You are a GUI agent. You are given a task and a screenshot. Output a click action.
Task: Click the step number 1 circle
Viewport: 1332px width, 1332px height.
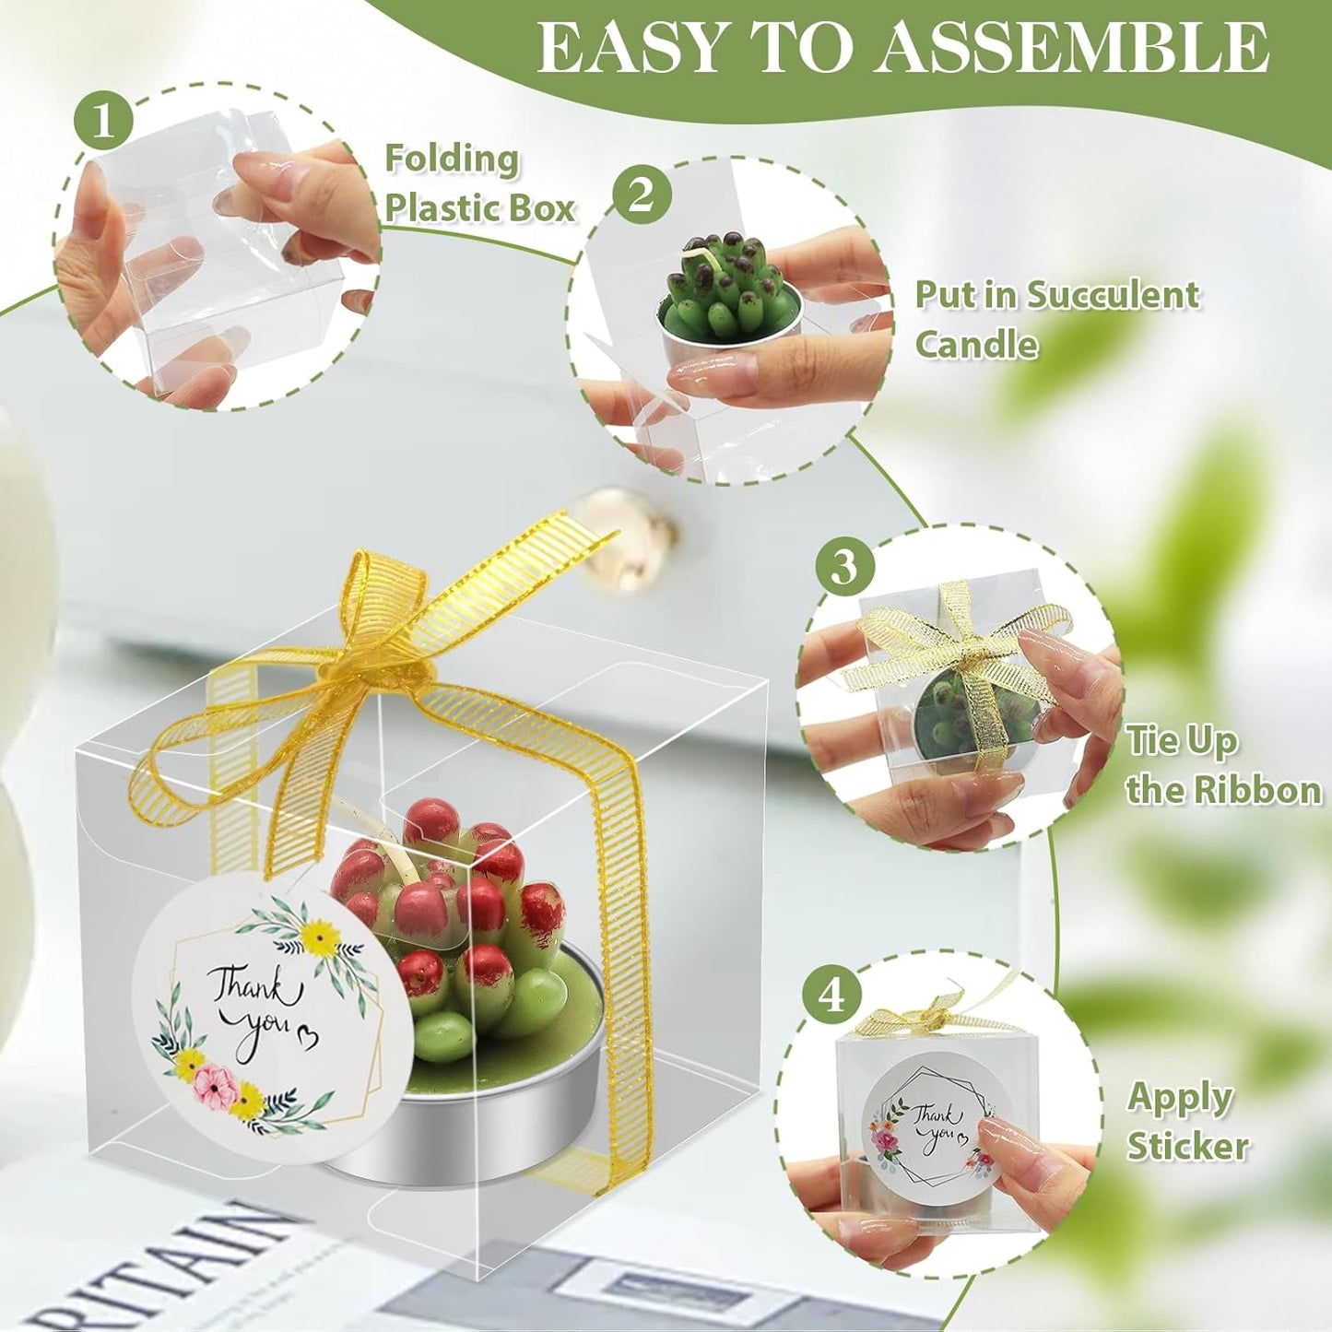(103, 121)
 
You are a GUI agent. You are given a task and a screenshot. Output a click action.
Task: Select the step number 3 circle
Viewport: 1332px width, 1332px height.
(844, 566)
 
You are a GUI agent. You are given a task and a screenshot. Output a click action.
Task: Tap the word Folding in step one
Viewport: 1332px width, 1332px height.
(452, 159)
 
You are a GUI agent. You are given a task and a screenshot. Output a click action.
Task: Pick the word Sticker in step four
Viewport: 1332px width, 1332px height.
(1187, 1146)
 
